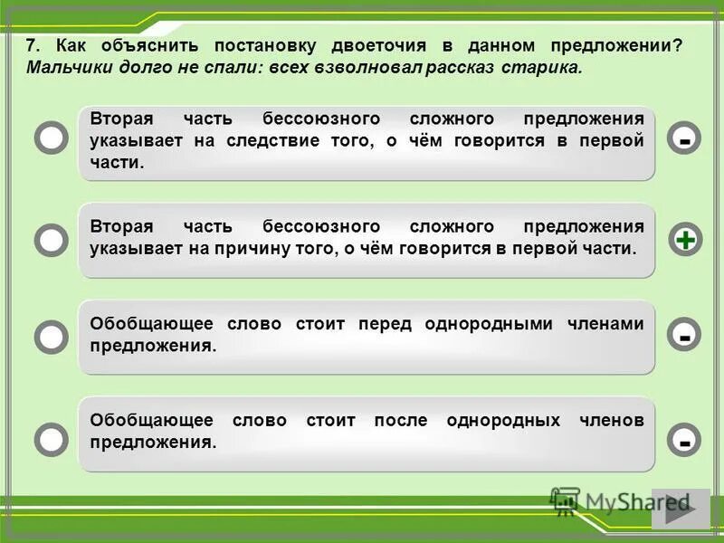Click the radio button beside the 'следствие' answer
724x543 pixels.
click(x=52, y=138)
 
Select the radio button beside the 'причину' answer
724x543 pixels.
click(x=52, y=240)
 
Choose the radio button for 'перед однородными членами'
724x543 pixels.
click(x=52, y=337)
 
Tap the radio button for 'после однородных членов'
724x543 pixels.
click(x=52, y=439)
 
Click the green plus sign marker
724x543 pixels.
click(x=685, y=240)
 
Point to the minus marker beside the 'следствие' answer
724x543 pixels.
click(x=685, y=138)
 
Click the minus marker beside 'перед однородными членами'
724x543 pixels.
click(x=685, y=336)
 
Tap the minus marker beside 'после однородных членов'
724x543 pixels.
click(x=685, y=440)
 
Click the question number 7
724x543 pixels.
click(x=33, y=46)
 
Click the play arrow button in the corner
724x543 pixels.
click(x=680, y=509)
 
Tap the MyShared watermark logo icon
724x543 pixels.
click(x=565, y=501)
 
